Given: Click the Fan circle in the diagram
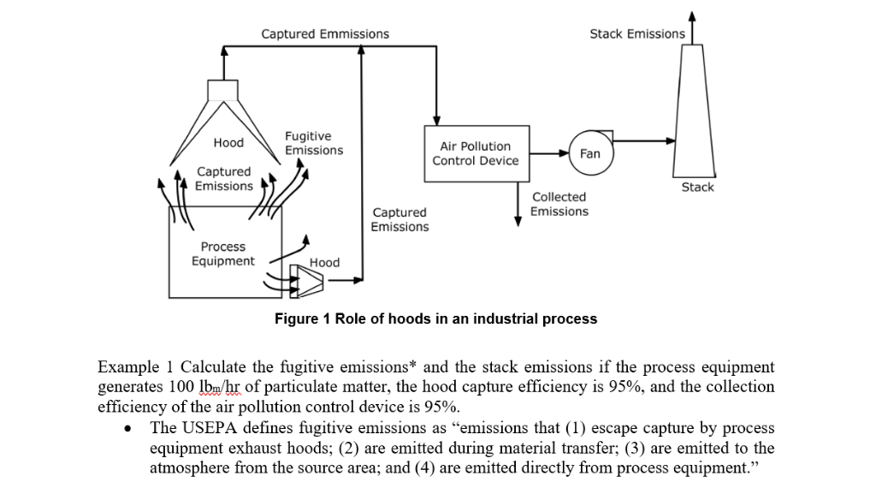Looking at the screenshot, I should pyautogui.click(x=590, y=153).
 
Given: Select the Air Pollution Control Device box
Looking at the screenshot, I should pyautogui.click(x=476, y=153).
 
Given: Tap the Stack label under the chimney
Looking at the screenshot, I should pyautogui.click(x=697, y=187).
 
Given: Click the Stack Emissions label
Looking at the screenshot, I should pyautogui.click(x=636, y=34).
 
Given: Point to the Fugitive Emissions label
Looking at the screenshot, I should pyautogui.click(x=313, y=143).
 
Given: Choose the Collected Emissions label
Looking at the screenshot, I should pyautogui.click(x=559, y=204).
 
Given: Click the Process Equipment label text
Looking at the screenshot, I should pyautogui.click(x=222, y=253).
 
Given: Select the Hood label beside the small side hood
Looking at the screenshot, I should pyautogui.click(x=324, y=262).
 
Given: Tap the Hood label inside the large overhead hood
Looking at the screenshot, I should pyautogui.click(x=228, y=142).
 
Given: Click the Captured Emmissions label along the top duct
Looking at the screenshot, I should pyautogui.click(x=325, y=34).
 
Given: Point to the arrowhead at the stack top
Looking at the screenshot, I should pyautogui.click(x=692, y=15).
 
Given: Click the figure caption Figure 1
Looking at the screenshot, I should pyautogui.click(x=435, y=318).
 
